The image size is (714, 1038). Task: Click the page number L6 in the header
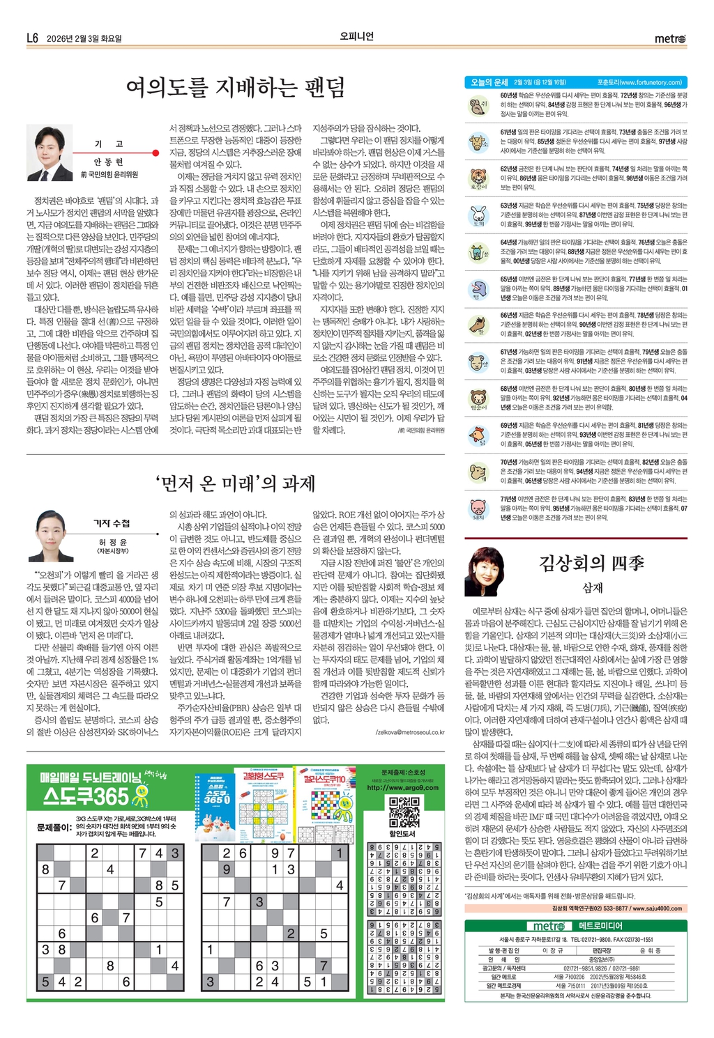32,38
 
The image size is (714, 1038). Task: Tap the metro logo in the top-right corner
669,39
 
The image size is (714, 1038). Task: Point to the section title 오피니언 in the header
356,36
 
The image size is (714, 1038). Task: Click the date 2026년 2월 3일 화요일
84,39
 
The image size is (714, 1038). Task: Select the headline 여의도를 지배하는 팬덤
236,88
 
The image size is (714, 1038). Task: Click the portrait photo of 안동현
50,153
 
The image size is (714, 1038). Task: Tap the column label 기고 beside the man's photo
109,144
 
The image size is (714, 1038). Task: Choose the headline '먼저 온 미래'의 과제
236,483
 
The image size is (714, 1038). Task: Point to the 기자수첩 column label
112,523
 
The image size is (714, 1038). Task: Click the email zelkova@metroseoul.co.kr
410,732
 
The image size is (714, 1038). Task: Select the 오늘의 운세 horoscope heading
489,82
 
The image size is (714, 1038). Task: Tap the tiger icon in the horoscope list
478,177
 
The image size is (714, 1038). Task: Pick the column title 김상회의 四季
591,563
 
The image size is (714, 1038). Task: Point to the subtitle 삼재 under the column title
592,588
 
